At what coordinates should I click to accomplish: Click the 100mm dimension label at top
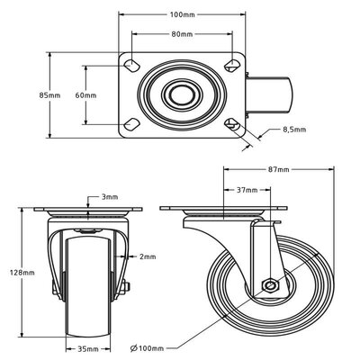[x=182, y=14]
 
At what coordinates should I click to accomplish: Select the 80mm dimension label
[x=182, y=34]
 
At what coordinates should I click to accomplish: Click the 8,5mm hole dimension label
[x=294, y=130]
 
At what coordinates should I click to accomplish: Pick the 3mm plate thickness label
[x=110, y=196]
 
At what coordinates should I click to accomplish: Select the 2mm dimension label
[x=148, y=256]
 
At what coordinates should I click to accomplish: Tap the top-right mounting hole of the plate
[x=232, y=64]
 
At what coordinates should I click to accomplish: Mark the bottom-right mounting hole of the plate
[x=232, y=123]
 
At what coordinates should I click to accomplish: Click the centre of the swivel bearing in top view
[x=182, y=94]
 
